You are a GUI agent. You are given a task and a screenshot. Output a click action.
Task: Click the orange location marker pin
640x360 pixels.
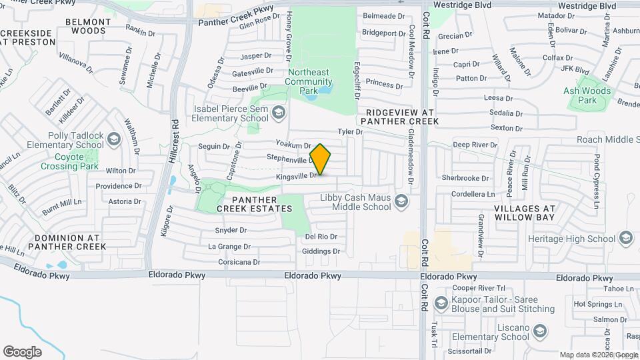(320, 159)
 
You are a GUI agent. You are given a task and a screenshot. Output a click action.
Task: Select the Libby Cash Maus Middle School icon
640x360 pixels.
(401, 200)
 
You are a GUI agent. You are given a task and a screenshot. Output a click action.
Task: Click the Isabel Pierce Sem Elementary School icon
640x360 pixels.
(278, 113)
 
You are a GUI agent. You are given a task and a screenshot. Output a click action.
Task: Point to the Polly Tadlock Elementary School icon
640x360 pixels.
(113, 139)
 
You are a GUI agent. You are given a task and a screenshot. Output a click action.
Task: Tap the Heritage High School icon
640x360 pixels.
(625, 238)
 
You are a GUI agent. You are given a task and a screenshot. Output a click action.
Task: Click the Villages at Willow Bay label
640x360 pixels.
(535, 213)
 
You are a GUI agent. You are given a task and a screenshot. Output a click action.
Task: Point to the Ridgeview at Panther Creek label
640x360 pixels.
(399, 117)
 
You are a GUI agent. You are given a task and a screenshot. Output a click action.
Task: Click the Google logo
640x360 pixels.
(22, 352)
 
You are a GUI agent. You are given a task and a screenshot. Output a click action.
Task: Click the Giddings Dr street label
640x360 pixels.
(321, 251)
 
